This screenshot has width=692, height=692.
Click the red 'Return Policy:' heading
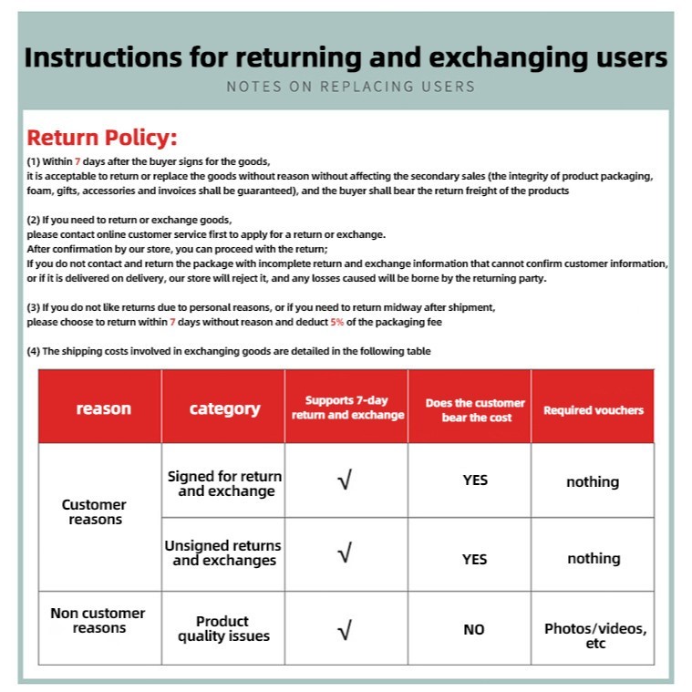(101, 139)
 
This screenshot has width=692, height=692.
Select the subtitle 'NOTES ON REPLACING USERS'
(350, 87)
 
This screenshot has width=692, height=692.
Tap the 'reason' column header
(103, 408)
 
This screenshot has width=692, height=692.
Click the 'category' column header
(224, 408)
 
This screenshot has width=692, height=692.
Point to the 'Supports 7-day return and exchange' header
(347, 408)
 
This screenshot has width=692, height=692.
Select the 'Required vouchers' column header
(593, 410)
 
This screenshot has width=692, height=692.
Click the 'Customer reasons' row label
(94, 511)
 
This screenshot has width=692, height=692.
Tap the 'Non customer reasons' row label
(98, 621)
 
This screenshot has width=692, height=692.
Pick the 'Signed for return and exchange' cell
(224, 483)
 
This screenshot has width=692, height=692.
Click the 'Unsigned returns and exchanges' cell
(223, 553)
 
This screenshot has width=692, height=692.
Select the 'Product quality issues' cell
(223, 628)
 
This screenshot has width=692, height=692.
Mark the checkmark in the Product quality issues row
(345, 629)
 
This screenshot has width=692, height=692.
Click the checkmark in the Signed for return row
(345, 480)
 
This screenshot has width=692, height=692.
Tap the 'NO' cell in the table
(474, 629)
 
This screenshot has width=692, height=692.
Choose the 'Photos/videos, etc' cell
(595, 635)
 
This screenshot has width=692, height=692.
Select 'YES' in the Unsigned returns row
(474, 559)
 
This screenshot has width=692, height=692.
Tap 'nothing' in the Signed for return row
(593, 481)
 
